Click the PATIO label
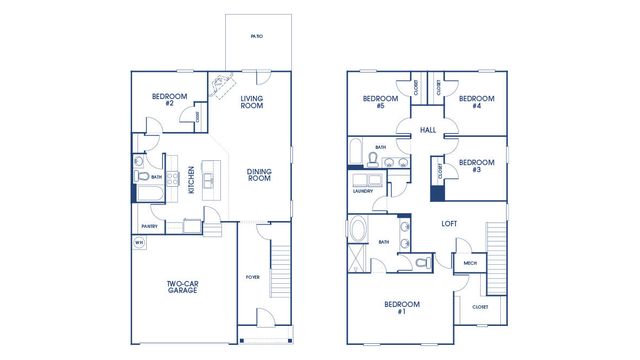258,36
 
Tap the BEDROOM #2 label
164,100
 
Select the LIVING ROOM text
252,102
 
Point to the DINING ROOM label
259,174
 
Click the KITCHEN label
192,180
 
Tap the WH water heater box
139,243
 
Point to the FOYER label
254,275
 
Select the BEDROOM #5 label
374,102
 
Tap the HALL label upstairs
428,130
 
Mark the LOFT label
449,224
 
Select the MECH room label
469,264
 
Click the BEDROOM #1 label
402,307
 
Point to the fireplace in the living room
221,85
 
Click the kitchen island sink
209,180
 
